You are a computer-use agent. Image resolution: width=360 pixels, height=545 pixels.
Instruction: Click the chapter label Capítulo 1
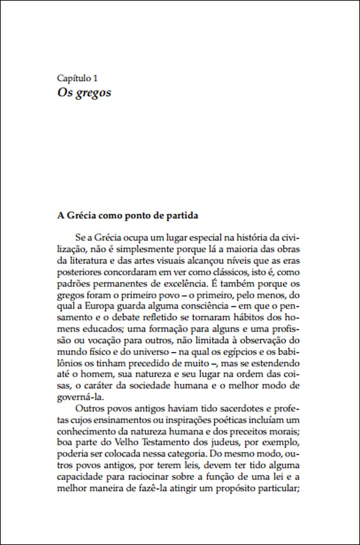coord(77,78)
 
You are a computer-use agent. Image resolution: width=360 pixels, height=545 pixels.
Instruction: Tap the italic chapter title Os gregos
coord(84,93)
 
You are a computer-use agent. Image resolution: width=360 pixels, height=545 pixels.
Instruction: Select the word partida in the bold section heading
coord(180,216)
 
